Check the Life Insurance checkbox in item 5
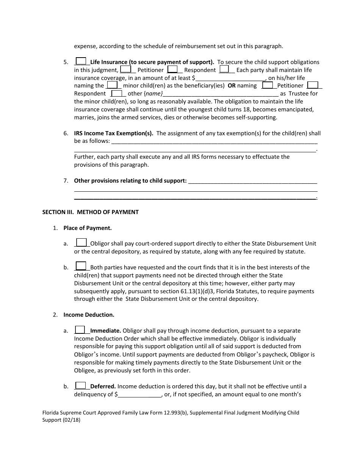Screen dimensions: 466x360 coord(81,61)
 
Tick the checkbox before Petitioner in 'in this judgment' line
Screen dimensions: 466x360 coord(125,69)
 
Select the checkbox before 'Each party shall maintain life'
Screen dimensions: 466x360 coord(224,69)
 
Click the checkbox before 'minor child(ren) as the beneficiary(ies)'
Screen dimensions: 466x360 coord(111,85)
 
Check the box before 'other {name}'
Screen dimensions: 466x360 coord(117,93)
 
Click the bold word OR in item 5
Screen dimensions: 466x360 coord(232,86)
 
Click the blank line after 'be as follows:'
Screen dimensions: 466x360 coord(214,142)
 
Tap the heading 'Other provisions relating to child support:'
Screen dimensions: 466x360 coord(130,181)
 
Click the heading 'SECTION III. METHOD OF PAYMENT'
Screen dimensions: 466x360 coord(90,212)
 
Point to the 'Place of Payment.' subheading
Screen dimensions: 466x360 coord(88,228)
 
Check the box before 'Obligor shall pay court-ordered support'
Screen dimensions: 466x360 coord(81,242)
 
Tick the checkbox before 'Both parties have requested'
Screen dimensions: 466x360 coord(81,266)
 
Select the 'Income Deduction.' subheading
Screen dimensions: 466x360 coord(89,315)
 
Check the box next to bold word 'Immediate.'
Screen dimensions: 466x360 coord(80,330)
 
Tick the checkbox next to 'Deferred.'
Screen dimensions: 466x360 coord(80,385)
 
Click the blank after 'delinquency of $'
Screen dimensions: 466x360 coord(140,394)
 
